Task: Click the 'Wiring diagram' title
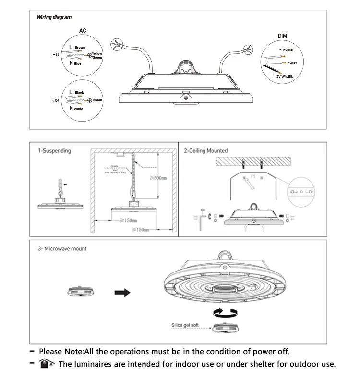point(54,17)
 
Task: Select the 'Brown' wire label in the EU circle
point(80,48)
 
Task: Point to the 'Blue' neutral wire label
point(78,63)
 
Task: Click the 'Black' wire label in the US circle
point(79,92)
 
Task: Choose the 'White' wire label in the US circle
point(78,109)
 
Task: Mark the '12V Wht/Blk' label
point(284,76)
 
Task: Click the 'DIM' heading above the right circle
point(283,36)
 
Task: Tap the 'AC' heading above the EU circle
point(83,31)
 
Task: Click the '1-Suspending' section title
point(54,151)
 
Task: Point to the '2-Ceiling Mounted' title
point(205,151)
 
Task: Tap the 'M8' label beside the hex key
point(203,210)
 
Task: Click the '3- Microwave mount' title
point(62,249)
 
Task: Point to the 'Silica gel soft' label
point(185,325)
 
